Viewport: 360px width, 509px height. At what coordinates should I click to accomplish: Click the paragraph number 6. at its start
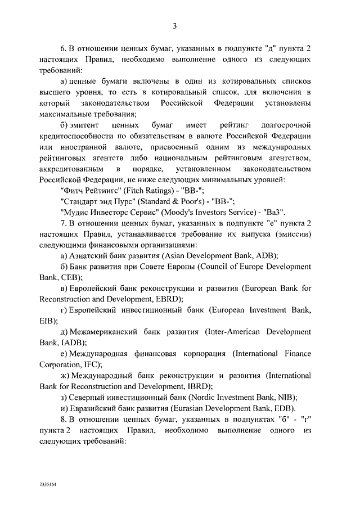(62, 49)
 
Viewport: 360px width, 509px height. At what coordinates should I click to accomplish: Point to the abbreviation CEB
(70, 277)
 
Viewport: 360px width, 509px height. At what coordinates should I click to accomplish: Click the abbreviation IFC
(92, 364)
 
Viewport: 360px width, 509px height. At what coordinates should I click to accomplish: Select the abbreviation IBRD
(196, 386)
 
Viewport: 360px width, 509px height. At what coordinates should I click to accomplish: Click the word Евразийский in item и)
(91, 408)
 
